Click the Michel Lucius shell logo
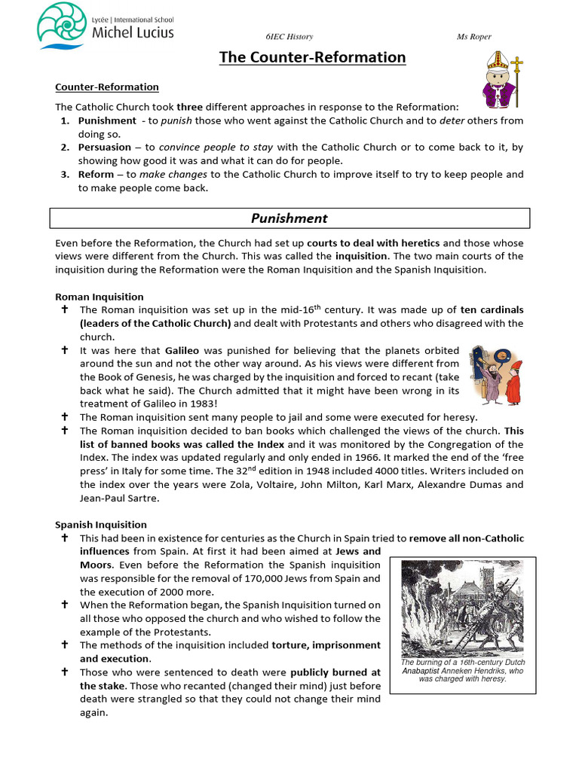[x=62, y=25]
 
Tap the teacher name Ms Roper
[x=474, y=37]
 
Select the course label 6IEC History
[x=289, y=37]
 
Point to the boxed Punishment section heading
[x=289, y=218]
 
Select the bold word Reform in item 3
[x=96, y=175]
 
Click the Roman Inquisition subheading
[x=100, y=297]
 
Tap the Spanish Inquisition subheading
[x=101, y=525]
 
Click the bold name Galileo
[x=182, y=351]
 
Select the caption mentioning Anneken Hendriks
[x=463, y=670]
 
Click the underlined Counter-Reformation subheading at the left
[x=106, y=87]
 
